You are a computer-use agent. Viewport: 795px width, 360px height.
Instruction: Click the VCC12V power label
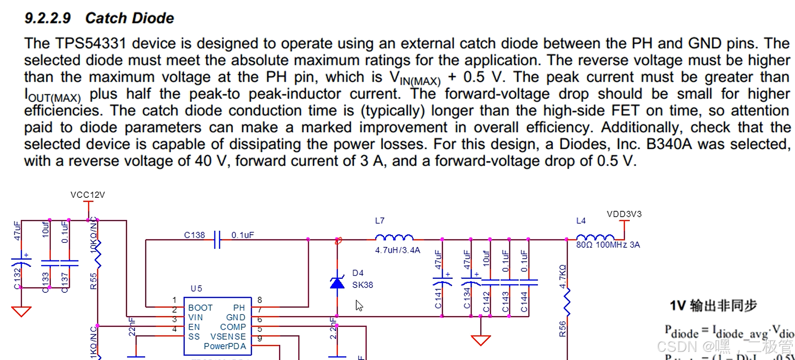[87, 195]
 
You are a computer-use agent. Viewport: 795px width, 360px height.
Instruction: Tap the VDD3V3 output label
[624, 214]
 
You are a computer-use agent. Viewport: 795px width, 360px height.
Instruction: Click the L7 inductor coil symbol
[394, 237]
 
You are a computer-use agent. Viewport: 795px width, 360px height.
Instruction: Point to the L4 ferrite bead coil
[595, 237]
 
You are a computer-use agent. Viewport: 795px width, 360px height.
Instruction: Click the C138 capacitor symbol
[217, 239]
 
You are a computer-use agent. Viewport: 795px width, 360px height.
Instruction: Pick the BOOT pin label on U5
[200, 308]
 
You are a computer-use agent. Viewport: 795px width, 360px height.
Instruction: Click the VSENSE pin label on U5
[228, 337]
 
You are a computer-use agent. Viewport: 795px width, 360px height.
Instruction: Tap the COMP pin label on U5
[233, 327]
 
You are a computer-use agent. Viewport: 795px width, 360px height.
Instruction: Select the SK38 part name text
[363, 285]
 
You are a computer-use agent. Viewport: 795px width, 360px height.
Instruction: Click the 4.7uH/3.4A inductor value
[397, 250]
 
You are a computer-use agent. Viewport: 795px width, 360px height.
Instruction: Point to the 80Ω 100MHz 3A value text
[608, 245]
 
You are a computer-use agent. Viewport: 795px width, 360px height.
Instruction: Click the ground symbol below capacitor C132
[21, 311]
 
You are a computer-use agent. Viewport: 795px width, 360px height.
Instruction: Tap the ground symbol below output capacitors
[481, 340]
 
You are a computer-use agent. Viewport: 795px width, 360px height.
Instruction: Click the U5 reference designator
[196, 288]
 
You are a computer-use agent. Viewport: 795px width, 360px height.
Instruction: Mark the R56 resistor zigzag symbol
[567, 302]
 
